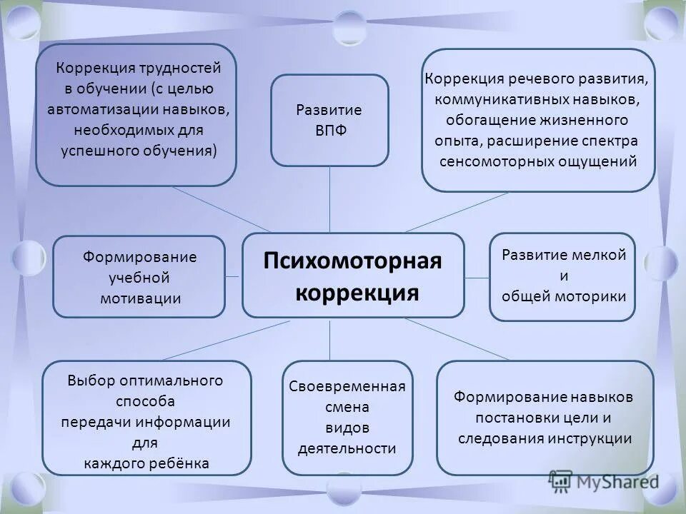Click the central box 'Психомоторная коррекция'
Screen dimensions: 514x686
click(x=353, y=275)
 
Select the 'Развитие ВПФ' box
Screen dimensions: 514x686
click(x=329, y=120)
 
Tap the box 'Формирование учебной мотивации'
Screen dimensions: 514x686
click(x=139, y=277)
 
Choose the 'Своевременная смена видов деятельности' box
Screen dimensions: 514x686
click(x=348, y=418)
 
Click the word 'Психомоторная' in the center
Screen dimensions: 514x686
click(x=353, y=261)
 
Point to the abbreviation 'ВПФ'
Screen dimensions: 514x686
click(x=329, y=132)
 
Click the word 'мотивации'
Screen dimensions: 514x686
click(x=140, y=298)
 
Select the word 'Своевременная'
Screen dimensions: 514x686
click(x=348, y=386)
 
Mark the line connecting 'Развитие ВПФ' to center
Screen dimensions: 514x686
click(x=329, y=199)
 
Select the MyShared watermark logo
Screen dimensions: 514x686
click(x=604, y=481)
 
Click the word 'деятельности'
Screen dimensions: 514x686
click(x=349, y=448)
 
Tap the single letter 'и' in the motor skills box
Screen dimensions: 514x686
click(x=563, y=275)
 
